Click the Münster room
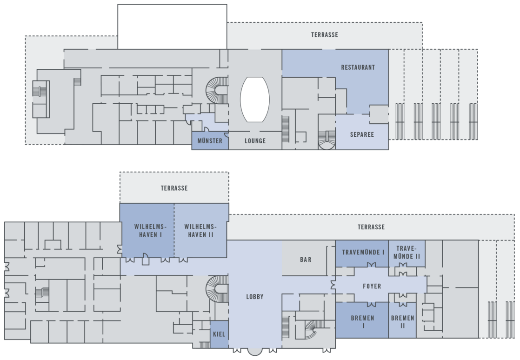210,140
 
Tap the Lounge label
255,141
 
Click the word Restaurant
358,67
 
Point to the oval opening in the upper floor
255,100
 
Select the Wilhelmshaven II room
201,230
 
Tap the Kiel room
219,334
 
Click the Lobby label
255,297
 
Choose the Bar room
305,258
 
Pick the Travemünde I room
362,253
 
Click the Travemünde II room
407,253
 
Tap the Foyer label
372,286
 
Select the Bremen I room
362,320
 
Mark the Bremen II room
403,320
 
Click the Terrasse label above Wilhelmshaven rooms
174,188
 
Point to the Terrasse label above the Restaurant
325,35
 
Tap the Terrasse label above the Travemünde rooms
371,227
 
